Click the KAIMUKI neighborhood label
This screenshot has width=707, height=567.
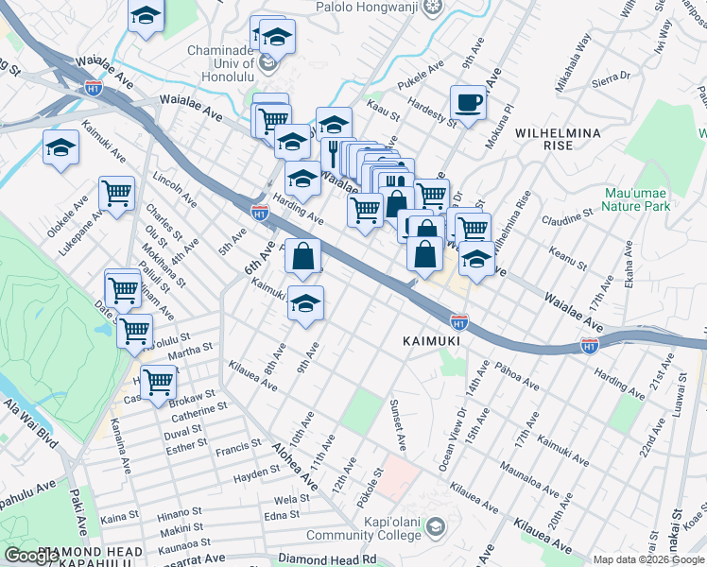tap(430, 340)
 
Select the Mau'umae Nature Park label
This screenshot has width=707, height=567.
tap(637, 198)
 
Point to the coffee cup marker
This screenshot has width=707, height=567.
tap(467, 102)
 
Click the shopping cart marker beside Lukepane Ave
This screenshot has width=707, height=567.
tap(116, 194)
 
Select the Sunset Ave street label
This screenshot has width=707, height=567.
tap(398, 424)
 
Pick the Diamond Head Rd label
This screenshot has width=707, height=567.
tap(327, 559)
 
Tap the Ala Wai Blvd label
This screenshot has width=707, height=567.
tap(29, 424)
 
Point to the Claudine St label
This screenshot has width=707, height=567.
tap(566, 219)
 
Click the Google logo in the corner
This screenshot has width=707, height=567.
tap(31, 557)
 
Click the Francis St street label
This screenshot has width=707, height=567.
tap(237, 444)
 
